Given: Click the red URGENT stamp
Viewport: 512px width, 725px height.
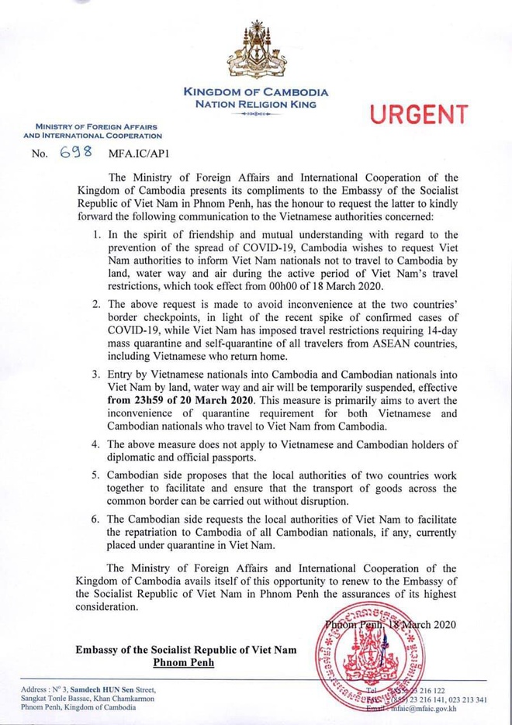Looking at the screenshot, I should click(419, 116).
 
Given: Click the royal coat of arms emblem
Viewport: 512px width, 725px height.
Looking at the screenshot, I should click(256, 51).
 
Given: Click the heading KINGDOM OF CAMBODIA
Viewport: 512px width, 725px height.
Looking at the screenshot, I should click(256, 92).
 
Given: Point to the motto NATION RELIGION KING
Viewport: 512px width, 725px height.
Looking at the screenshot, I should click(256, 103).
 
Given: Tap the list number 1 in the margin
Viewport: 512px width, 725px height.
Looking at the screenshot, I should click(95, 234).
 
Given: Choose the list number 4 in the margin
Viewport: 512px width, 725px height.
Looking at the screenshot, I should click(95, 444).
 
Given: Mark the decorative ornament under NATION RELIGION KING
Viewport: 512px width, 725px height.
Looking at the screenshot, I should click(256, 114).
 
